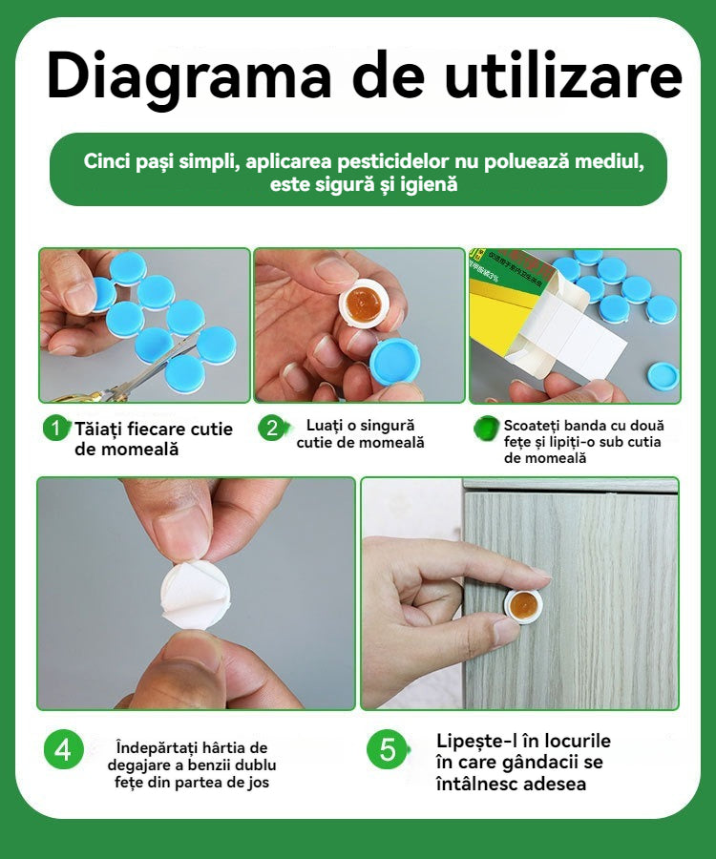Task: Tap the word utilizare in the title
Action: point(563,75)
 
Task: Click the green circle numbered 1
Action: point(56,428)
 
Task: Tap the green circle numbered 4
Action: point(64,749)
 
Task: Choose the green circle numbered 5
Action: point(387,749)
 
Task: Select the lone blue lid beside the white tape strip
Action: point(663,376)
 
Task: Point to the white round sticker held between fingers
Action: point(196,594)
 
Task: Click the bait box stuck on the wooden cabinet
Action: point(523,605)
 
